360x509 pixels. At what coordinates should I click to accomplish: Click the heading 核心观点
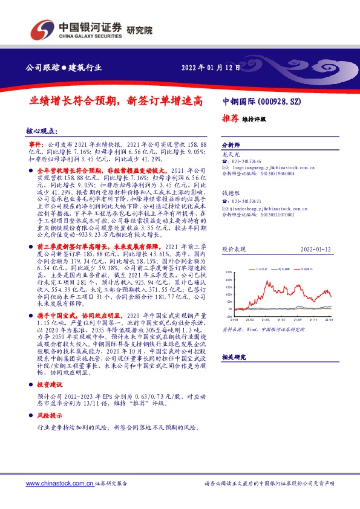click(42, 131)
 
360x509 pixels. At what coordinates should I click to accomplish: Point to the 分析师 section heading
click(232, 146)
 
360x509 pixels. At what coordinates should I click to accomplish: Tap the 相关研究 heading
click(234, 357)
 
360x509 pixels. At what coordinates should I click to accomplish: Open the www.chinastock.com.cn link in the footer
click(59, 483)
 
